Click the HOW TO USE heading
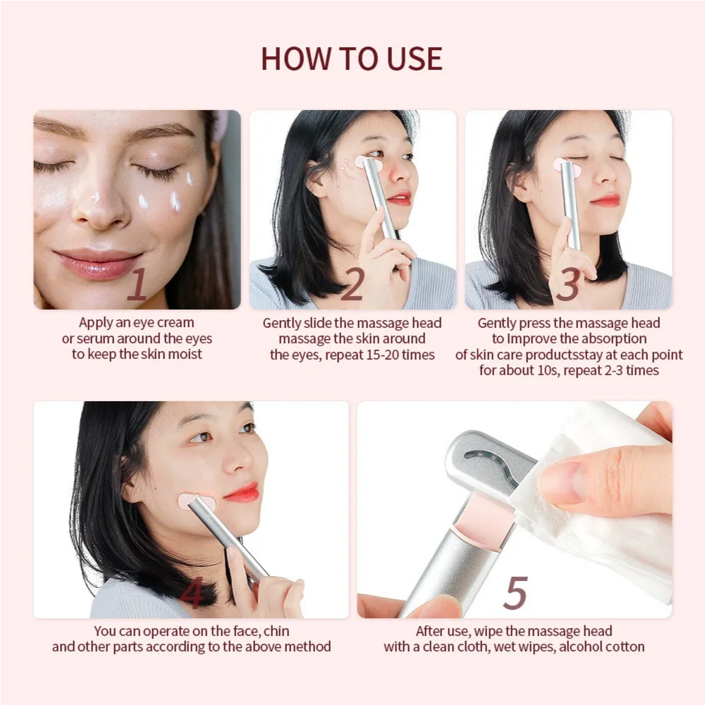click(x=352, y=59)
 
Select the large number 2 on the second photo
click(x=352, y=285)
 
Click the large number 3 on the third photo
click(x=568, y=285)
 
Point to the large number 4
click(x=191, y=594)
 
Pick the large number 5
click(x=515, y=594)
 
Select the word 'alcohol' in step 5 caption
click(x=582, y=646)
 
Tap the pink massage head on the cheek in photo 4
click(x=197, y=502)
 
